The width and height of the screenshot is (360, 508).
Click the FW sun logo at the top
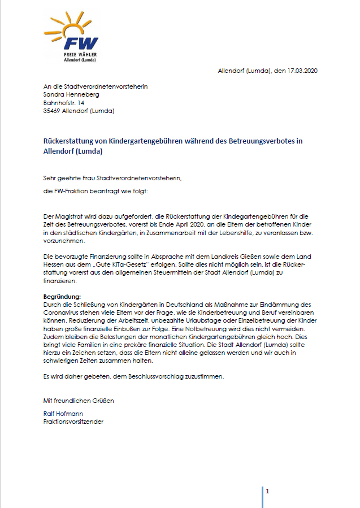[x=72, y=36]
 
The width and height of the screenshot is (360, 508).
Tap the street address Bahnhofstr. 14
[x=64, y=103]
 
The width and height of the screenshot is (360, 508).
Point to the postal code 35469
[x=53, y=111]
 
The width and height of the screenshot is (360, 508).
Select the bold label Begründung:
[x=62, y=296]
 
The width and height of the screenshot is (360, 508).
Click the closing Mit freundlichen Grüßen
[x=79, y=400]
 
